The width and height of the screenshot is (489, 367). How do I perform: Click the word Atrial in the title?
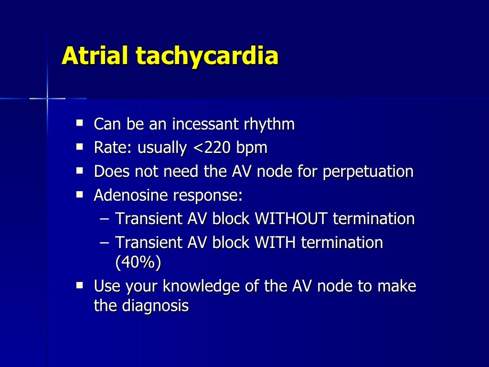96,56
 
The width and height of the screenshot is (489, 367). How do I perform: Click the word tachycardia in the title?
207,57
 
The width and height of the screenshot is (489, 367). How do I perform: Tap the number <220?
212,148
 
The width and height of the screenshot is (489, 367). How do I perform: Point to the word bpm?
251,149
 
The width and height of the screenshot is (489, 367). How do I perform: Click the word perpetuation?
368,172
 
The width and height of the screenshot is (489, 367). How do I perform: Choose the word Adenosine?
131,195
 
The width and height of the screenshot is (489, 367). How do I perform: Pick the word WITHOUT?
291,219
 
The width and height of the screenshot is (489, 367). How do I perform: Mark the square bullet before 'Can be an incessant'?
80,124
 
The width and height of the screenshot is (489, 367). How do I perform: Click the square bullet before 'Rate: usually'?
80,147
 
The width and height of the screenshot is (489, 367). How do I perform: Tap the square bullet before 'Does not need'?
80,171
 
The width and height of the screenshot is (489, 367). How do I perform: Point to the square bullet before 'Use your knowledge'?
80,285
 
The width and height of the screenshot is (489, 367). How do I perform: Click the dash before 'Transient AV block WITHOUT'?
105,219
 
